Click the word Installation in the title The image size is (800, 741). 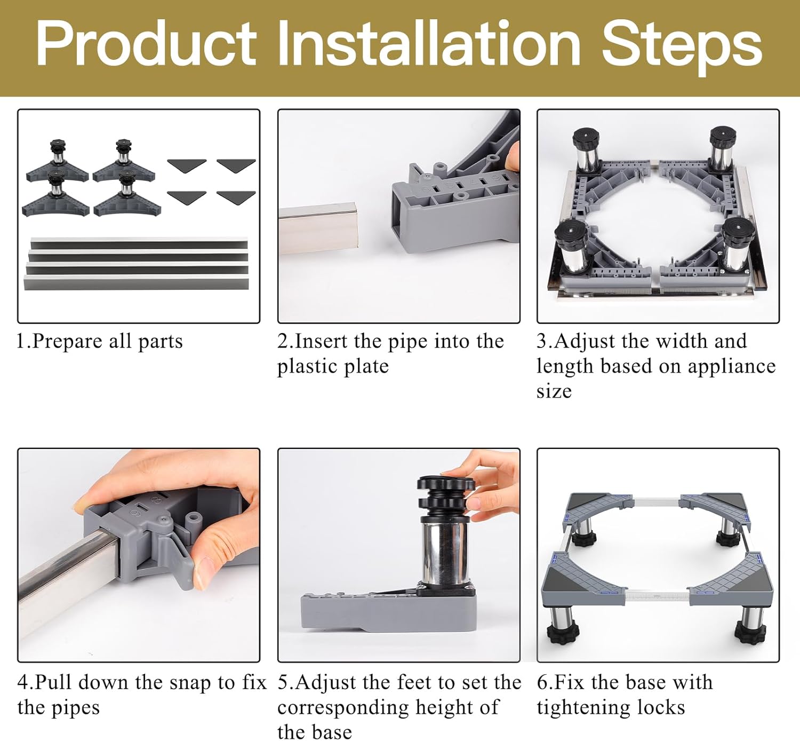pos(429,43)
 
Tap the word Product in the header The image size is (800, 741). pos(146,43)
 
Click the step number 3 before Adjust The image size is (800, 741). pos(542,341)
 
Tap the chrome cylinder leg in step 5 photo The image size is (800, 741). pos(445,552)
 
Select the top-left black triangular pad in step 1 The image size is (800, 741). pos(187,165)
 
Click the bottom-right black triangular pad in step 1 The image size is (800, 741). pos(236,198)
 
